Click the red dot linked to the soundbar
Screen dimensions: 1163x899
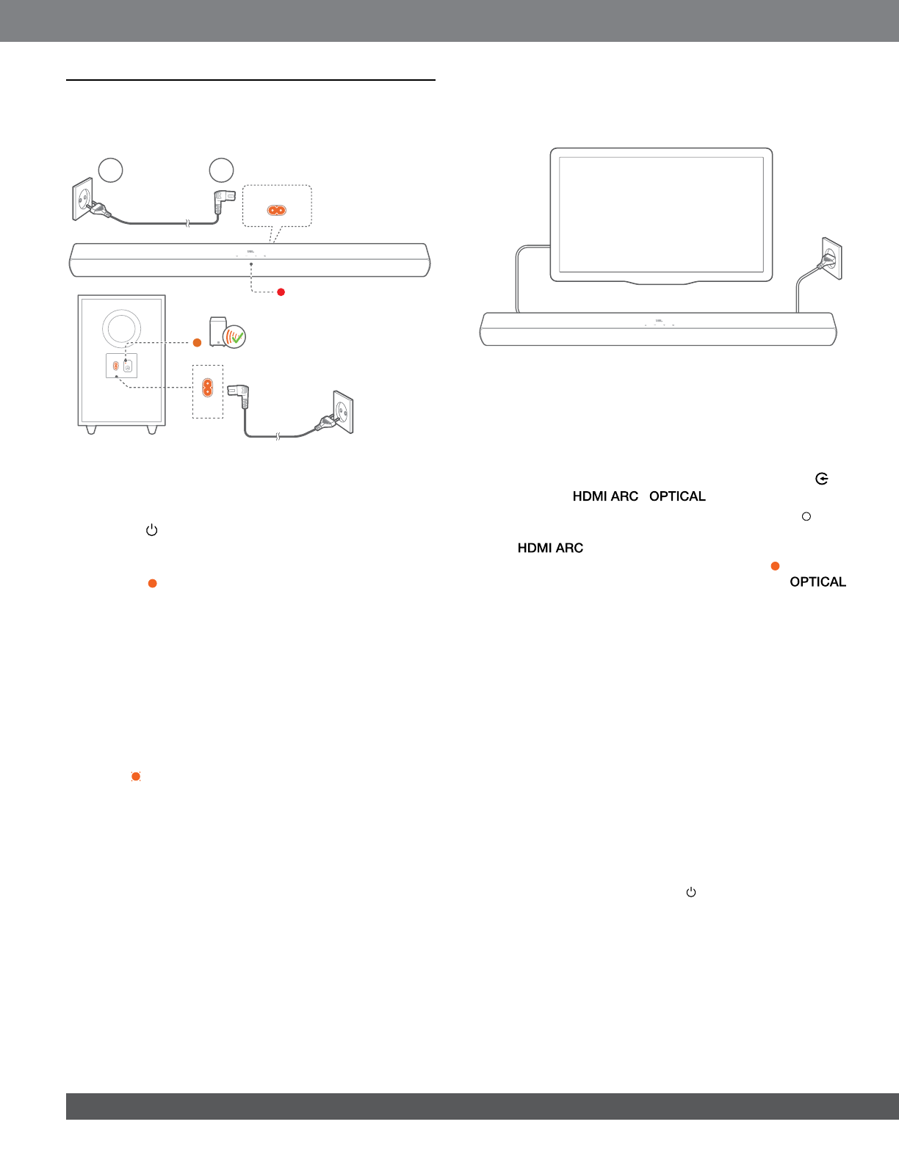(281, 292)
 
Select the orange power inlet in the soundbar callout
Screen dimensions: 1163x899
(276, 210)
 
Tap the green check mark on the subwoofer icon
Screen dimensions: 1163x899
(237, 338)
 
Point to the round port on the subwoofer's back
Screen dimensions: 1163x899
(127, 366)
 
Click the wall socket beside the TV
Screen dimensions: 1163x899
(831, 258)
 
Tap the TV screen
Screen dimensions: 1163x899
(661, 214)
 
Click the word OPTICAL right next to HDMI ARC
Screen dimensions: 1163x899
(677, 496)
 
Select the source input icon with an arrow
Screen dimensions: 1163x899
(821, 479)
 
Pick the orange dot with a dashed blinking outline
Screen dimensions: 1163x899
(136, 776)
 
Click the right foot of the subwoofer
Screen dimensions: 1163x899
(152, 429)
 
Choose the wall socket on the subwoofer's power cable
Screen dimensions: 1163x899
(342, 413)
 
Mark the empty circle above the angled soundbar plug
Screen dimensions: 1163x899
(221, 170)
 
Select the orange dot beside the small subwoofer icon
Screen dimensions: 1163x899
(197, 343)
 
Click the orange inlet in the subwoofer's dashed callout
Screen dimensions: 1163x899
(207, 387)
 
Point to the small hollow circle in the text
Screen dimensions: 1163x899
(806, 517)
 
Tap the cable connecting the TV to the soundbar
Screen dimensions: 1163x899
(518, 279)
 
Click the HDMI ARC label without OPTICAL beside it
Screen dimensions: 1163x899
(550, 548)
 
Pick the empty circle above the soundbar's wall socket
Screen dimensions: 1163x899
(110, 170)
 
